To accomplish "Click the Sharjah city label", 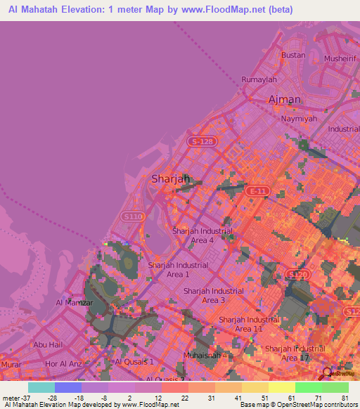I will click(172, 179).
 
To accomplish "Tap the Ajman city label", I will click(285, 100).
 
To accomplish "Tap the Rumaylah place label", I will click(259, 79).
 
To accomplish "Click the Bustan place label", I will click(293, 55).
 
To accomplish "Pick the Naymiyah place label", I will click(300, 119).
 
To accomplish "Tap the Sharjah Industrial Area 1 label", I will click(178, 270).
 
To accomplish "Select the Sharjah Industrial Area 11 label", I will click(249, 324).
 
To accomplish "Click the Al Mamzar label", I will click(71, 302).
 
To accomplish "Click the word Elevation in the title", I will click(79, 10).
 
